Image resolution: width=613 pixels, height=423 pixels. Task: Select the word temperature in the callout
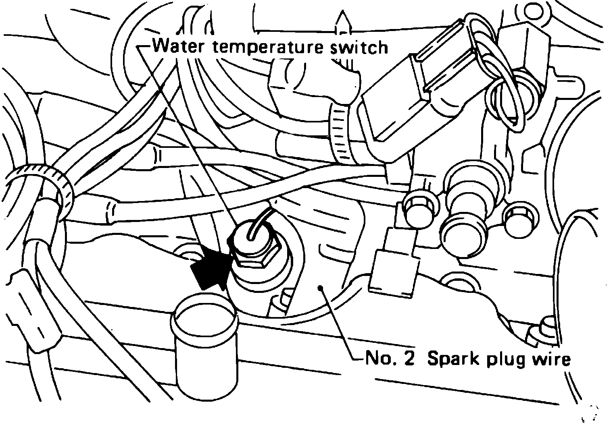(266, 48)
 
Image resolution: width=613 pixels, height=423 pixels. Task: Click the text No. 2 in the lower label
(389, 359)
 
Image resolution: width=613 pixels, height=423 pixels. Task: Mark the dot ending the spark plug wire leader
(321, 287)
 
